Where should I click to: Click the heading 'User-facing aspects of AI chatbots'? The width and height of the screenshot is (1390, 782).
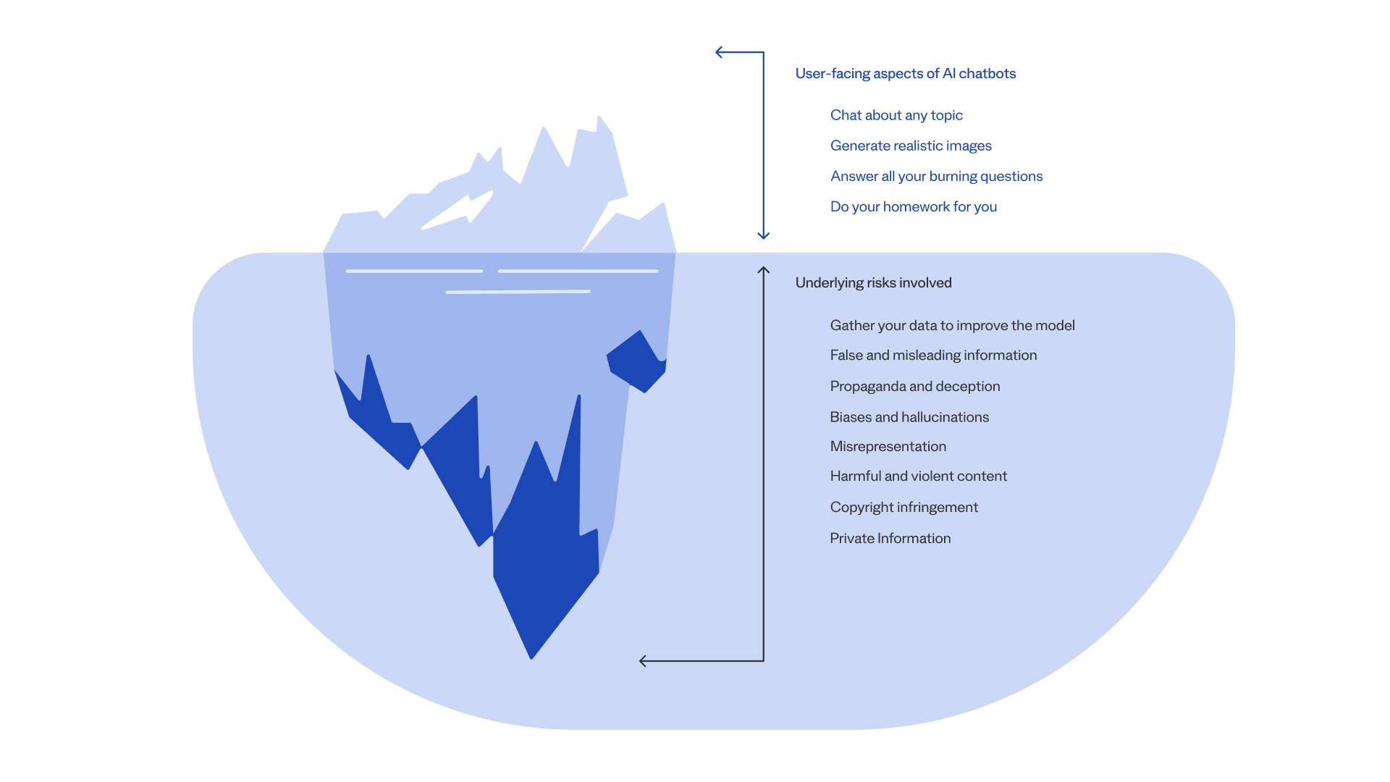tap(905, 74)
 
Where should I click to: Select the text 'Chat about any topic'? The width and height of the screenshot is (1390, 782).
tap(896, 116)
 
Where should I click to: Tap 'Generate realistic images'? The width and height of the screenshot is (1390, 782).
tap(911, 146)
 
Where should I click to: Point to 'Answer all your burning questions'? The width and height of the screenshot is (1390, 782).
tap(936, 177)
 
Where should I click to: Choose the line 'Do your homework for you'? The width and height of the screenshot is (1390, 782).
tap(914, 207)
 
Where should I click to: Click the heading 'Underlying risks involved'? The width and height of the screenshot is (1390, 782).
tap(873, 283)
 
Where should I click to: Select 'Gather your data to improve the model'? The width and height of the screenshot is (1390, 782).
tap(952, 326)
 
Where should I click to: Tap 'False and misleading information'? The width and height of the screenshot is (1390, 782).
tap(933, 356)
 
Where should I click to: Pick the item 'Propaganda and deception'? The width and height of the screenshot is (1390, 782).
tap(915, 387)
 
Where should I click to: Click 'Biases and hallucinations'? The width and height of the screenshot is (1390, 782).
tap(909, 417)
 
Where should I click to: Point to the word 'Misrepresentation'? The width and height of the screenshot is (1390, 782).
tap(888, 447)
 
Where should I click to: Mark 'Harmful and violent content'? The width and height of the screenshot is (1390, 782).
tap(919, 476)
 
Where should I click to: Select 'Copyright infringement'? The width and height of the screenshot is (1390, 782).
tap(904, 508)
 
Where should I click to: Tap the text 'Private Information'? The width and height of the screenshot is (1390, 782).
tap(890, 539)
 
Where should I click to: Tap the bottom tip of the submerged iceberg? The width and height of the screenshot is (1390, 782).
tap(531, 659)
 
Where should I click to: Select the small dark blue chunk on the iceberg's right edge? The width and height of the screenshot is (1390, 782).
tap(636, 361)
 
